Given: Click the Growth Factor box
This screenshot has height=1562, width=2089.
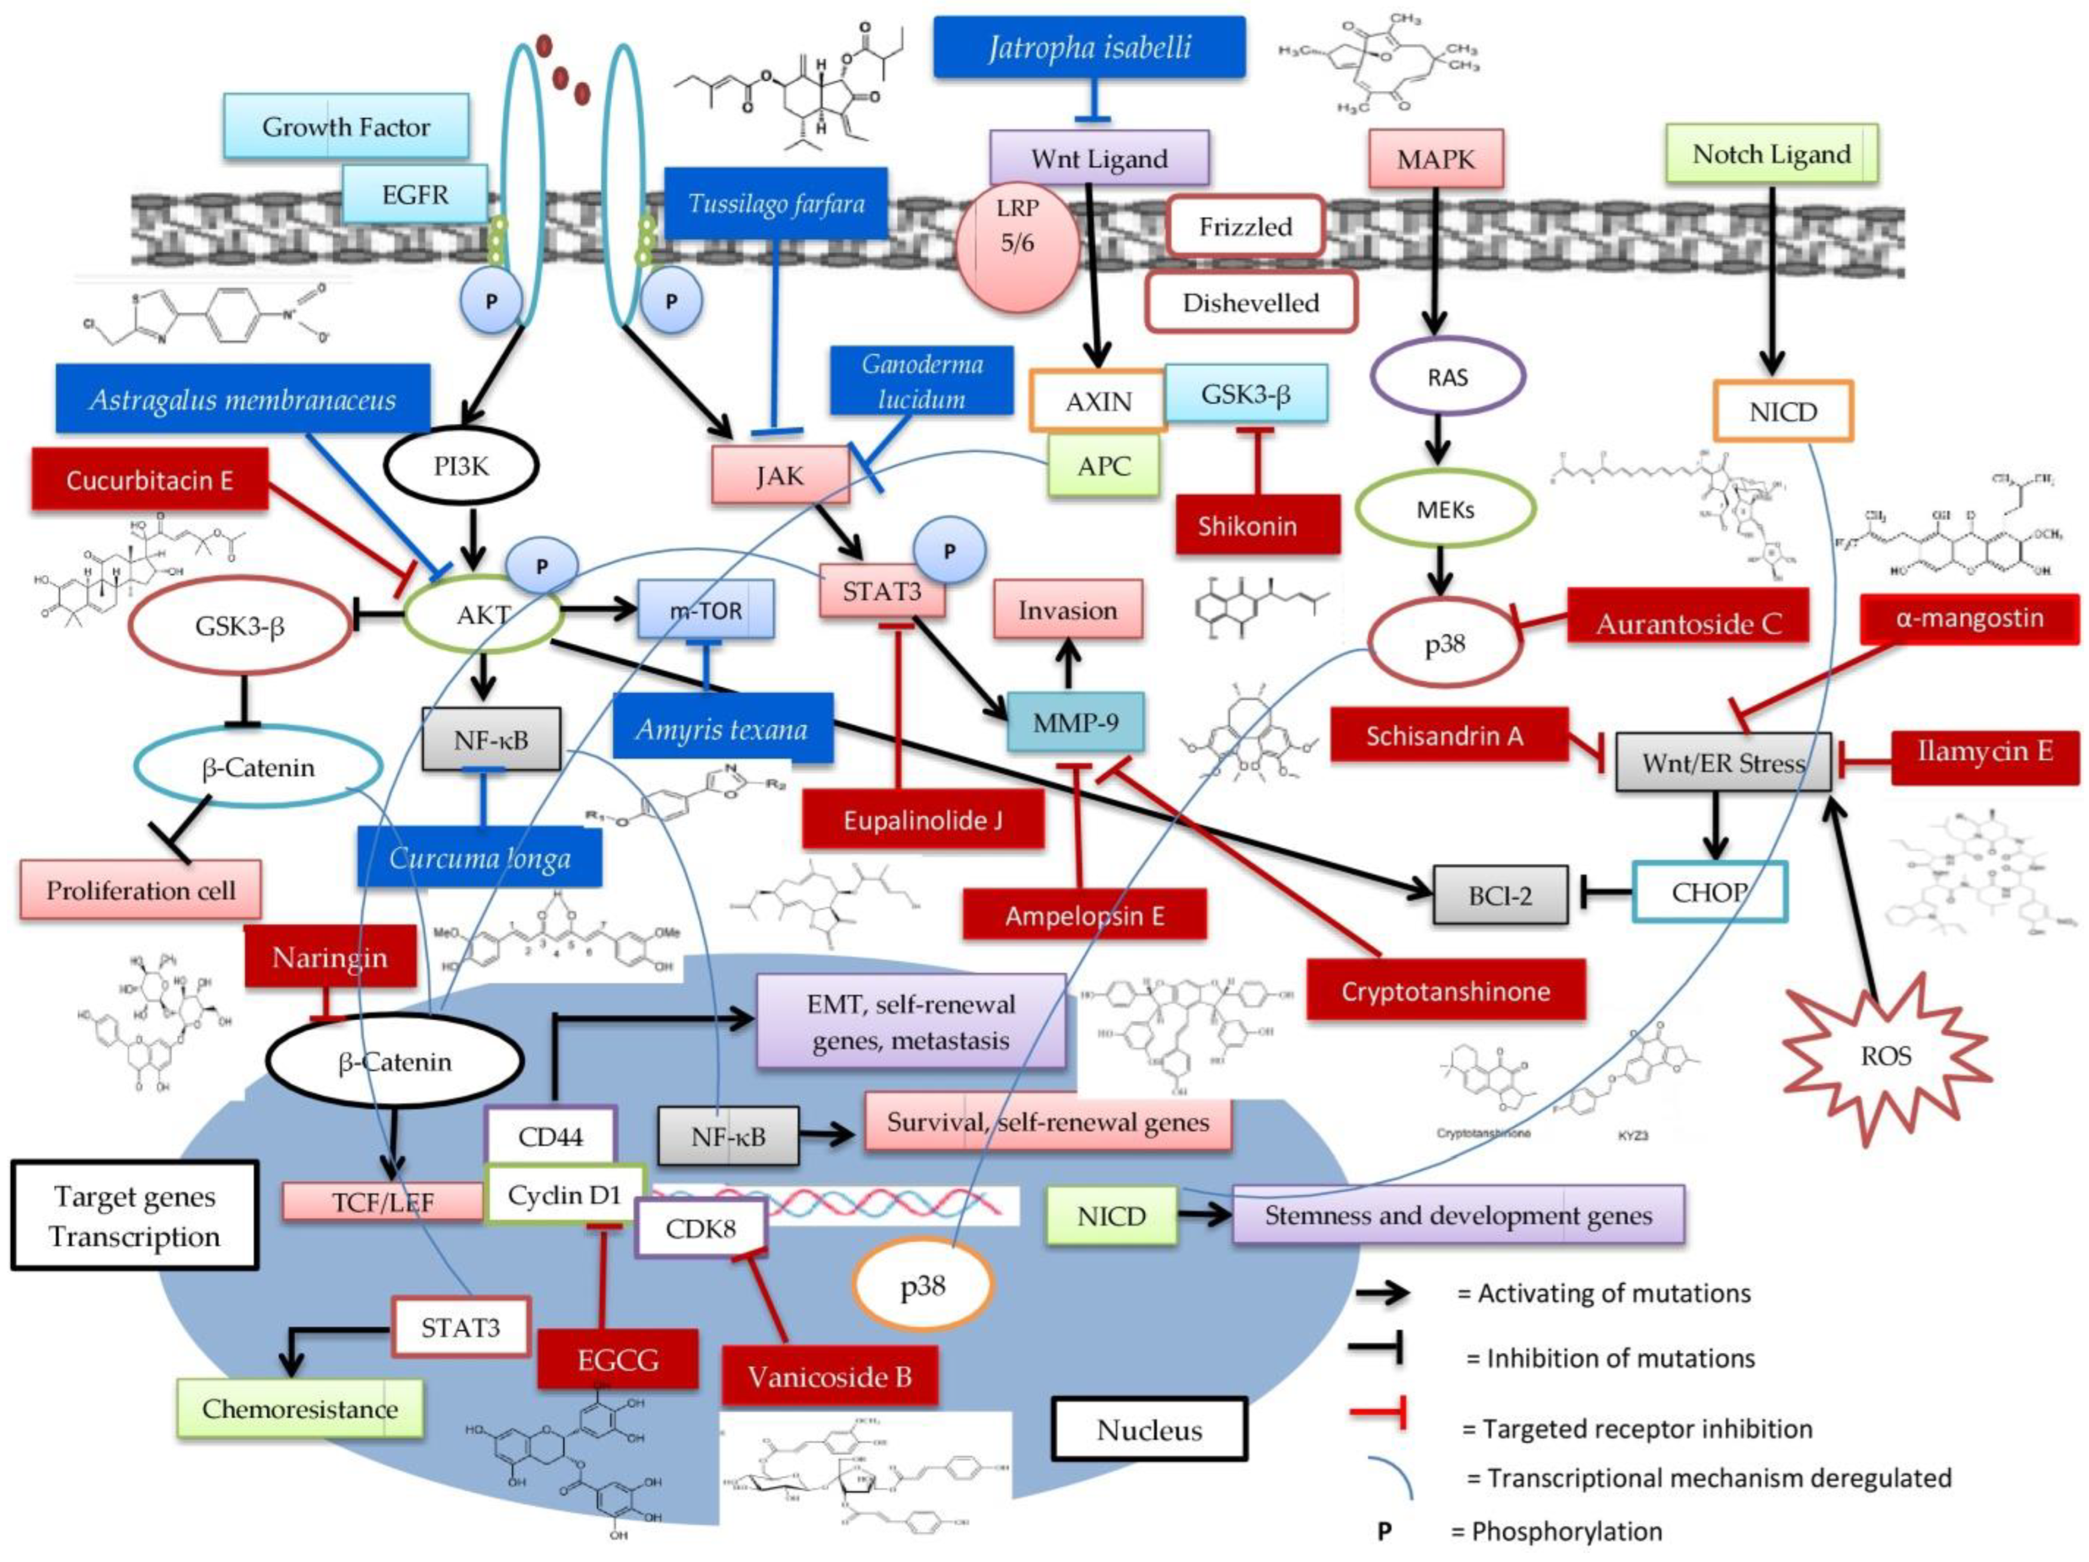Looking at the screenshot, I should point(345,126).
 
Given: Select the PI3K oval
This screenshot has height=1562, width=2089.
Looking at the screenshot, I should point(462,465).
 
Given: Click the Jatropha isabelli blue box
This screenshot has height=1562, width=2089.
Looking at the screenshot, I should point(1089,47).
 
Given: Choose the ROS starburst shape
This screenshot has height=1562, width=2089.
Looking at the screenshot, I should point(1886,1056).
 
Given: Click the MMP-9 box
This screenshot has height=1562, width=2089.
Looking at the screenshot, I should point(1075,723).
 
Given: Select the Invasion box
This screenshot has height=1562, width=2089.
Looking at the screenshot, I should point(1067,610).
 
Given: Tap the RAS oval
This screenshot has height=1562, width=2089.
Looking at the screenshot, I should point(1447,377).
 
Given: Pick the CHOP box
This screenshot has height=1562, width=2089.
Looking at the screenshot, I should point(1710,891).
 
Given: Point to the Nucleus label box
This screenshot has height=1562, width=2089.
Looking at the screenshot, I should point(1149,1430).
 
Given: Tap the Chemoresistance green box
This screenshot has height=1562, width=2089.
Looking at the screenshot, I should point(299,1408).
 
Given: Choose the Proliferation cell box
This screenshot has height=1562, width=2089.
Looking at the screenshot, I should point(141,890).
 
